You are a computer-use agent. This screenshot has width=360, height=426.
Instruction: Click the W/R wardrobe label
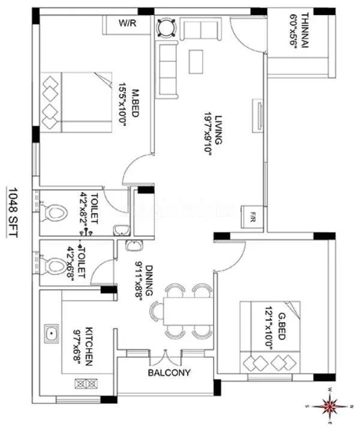[127, 25]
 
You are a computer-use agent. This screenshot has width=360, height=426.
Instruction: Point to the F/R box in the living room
[251, 217]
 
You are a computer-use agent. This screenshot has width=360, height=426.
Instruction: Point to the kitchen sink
[52, 332]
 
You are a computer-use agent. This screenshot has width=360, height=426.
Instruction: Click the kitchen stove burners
[82, 383]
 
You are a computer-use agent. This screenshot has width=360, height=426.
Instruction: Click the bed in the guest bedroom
[268, 336]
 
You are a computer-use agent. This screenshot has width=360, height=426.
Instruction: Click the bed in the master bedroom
[78, 103]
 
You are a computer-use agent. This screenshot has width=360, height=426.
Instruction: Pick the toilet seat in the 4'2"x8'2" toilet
[56, 214]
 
